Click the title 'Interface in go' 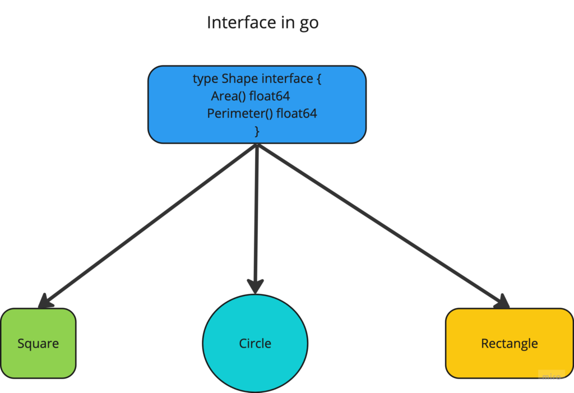262,23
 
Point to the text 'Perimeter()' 240,114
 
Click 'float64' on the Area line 270,96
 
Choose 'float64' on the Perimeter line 297,114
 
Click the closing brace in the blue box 257,131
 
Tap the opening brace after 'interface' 319,78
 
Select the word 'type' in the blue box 205,79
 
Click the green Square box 38,343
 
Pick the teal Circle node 255,343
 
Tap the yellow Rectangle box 510,343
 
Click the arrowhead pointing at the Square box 45,302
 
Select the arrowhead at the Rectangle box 502,302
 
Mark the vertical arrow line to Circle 256,219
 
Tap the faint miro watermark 552,376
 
